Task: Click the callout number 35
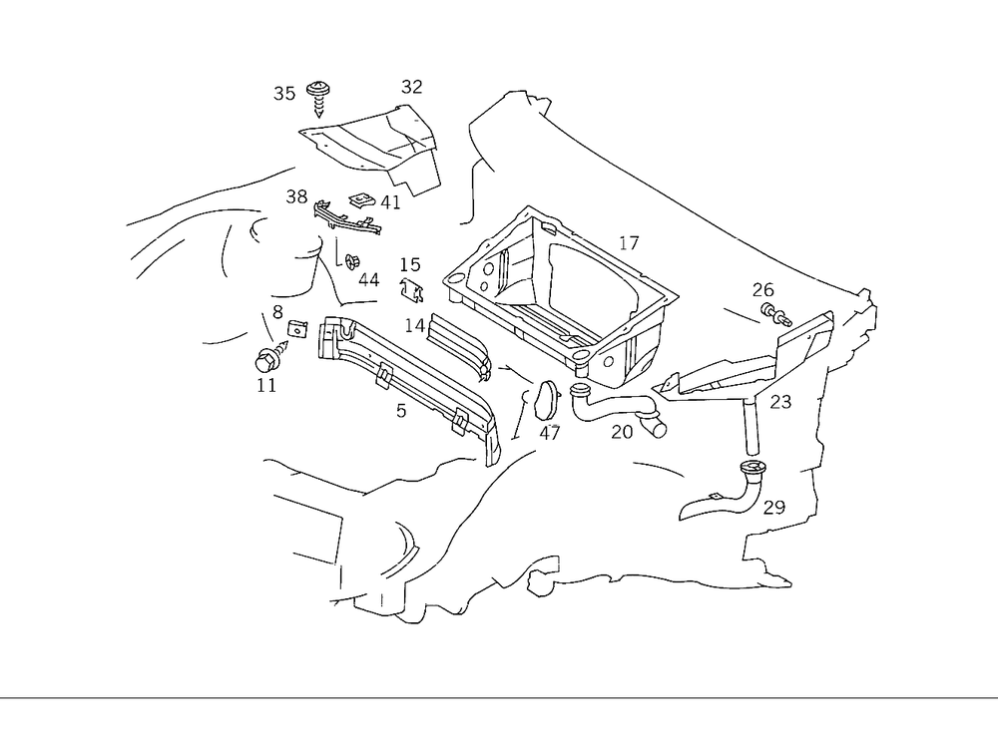[284, 94]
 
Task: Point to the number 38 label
[296, 196]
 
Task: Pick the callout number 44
[368, 280]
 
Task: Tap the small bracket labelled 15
[412, 290]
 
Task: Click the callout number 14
[414, 325]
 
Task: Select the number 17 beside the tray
[629, 242]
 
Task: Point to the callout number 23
[781, 402]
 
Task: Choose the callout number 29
[774, 507]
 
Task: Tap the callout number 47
[550, 433]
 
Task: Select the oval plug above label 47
[546, 400]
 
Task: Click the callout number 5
[401, 410]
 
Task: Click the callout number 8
[277, 311]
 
